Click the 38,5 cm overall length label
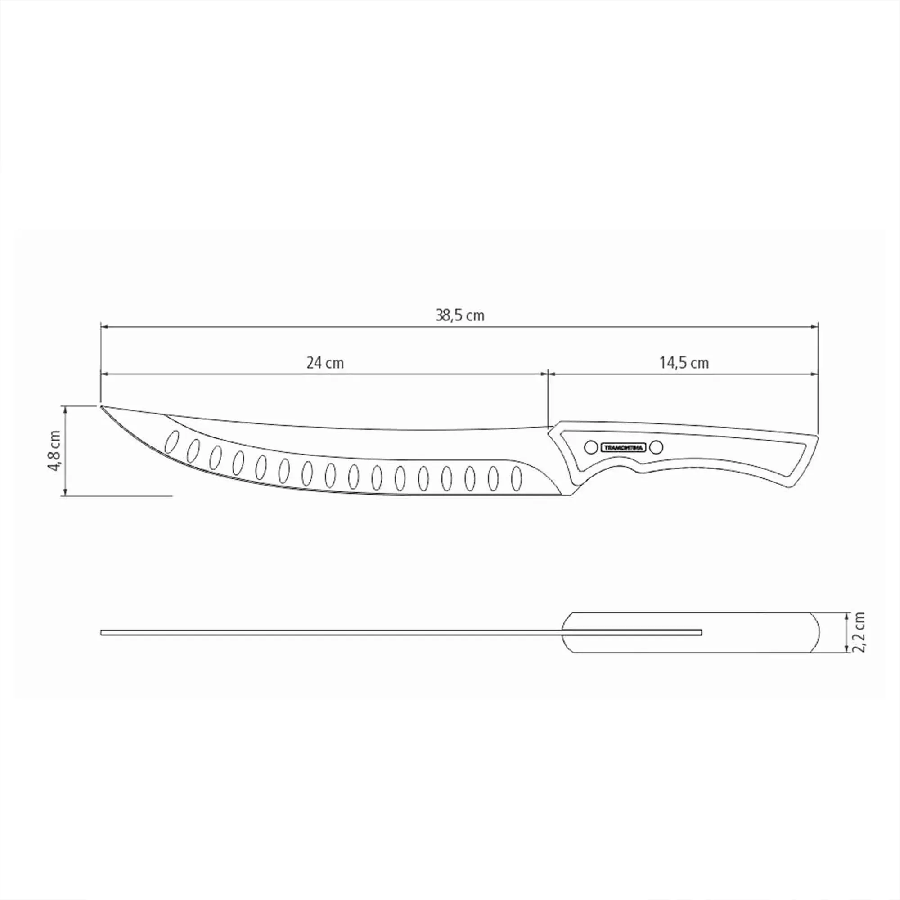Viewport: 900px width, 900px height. pos(460,316)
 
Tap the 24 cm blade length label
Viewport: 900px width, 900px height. pos(325,363)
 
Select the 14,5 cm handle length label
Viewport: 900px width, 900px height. pos(684,363)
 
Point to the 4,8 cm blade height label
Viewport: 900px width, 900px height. pos(55,450)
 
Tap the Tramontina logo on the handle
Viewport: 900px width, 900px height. pos(624,448)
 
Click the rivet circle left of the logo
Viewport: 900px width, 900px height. pos(591,448)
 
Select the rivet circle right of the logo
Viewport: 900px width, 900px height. pos(656,448)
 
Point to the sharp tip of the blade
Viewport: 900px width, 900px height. pos(102,407)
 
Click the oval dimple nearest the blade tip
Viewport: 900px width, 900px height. pos(172,441)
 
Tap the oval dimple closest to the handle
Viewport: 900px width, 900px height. pos(516,478)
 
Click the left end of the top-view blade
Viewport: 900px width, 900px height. pos(103,632)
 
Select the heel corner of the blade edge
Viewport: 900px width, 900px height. pos(571,495)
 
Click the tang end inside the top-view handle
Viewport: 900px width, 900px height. pos(700,632)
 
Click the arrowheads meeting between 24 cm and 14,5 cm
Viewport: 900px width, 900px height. pos(548,373)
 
